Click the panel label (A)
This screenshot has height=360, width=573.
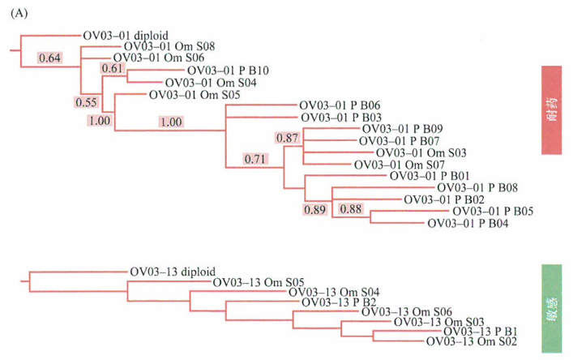(15, 13)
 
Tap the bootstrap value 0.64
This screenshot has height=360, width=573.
(50, 58)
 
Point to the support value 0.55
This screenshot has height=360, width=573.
(86, 102)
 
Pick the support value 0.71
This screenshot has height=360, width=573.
(255, 159)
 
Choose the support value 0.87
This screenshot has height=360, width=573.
(288, 139)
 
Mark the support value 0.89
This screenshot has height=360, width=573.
(315, 210)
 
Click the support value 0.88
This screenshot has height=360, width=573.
(350, 209)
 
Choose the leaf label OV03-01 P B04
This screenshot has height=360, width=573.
(467, 223)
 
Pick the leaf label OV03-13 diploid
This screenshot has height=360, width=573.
(173, 272)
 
